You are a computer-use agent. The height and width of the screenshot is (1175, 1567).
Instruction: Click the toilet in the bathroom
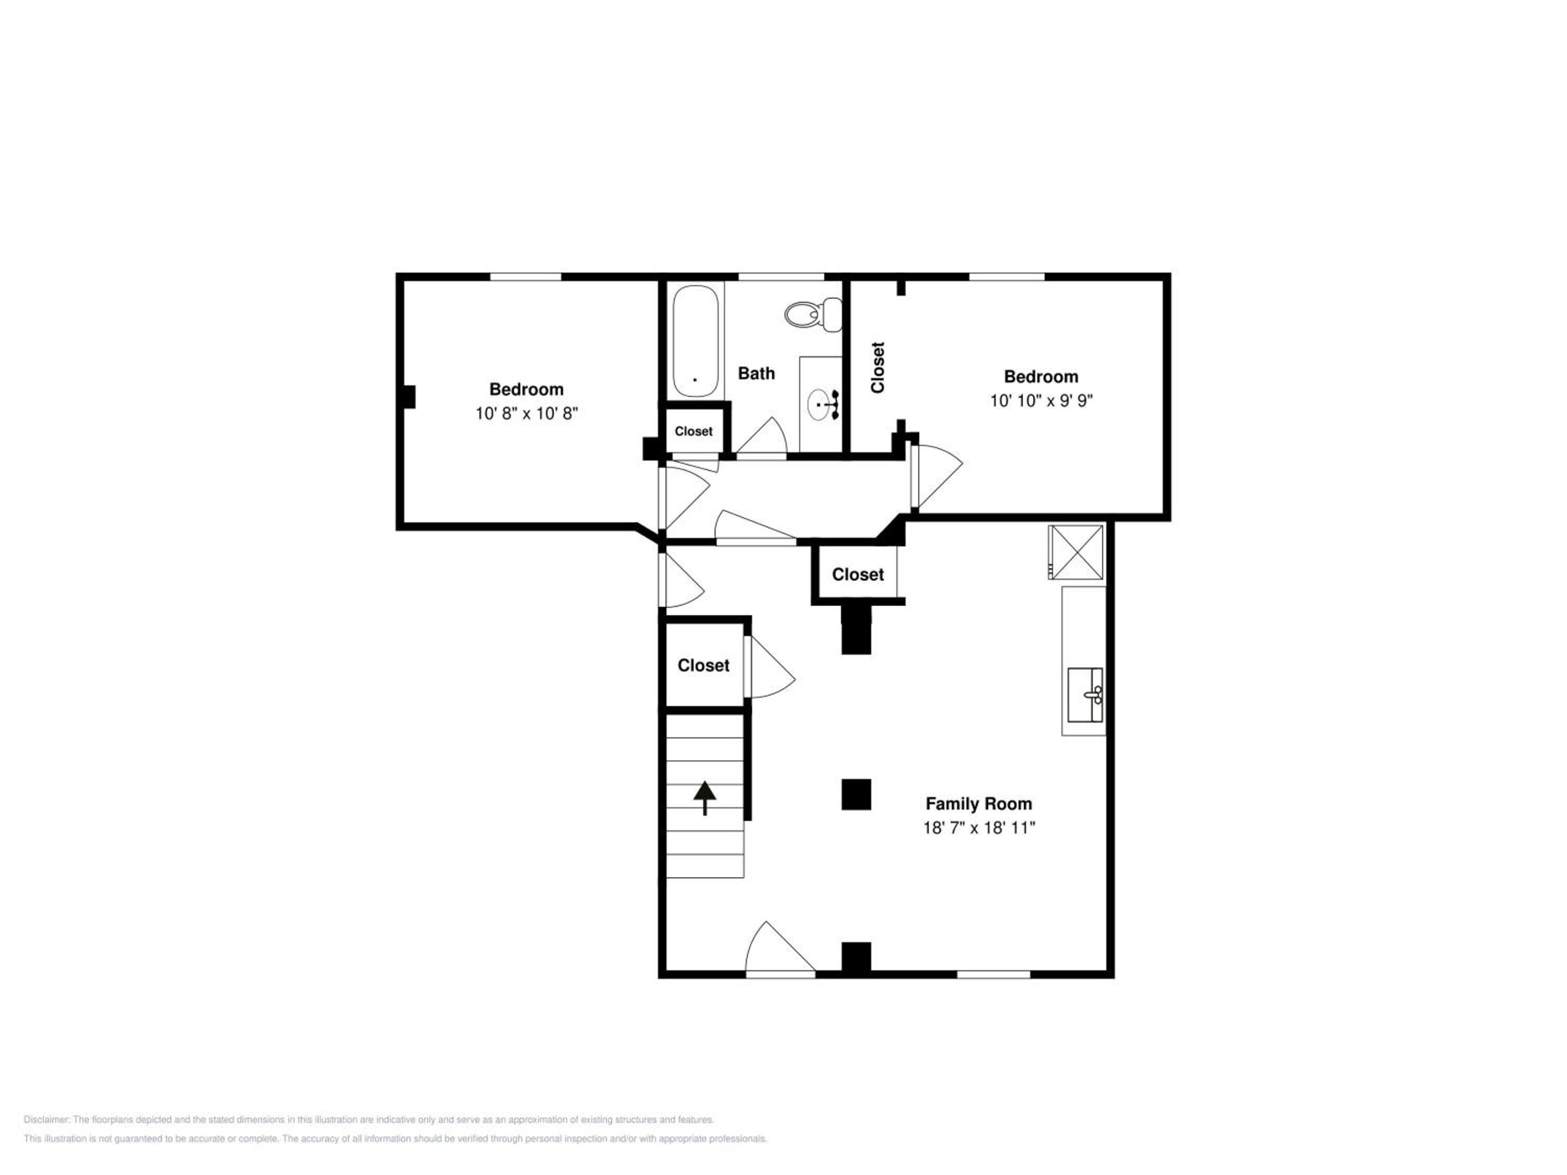point(813,314)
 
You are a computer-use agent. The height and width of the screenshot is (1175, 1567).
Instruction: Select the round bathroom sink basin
point(819,404)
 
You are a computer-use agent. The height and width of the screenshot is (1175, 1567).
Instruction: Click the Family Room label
point(978,804)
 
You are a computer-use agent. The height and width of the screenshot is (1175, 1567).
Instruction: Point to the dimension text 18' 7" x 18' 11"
point(978,828)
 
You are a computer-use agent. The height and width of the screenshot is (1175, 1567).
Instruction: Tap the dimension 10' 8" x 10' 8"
point(527,414)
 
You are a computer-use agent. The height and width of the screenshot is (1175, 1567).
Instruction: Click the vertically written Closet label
point(878,368)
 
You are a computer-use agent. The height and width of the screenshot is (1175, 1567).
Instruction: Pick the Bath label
point(756,373)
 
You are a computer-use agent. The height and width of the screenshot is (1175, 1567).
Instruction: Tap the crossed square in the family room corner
point(1075,553)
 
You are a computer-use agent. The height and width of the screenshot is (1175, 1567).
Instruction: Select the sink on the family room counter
point(1084,695)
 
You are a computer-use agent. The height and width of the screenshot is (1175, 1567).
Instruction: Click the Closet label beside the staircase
point(703,666)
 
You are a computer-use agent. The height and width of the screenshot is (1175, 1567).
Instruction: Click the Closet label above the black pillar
point(857,574)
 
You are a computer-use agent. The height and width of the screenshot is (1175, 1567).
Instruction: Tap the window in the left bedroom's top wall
point(525,276)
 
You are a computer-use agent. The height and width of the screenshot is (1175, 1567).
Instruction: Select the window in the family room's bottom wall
point(993,974)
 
